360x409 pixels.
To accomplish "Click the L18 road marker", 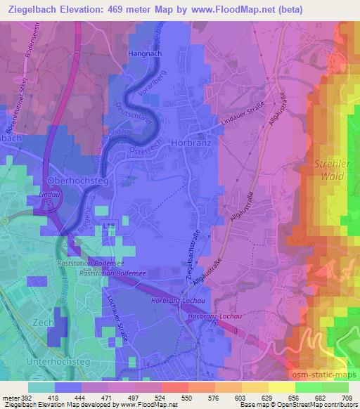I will pos(106,223).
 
